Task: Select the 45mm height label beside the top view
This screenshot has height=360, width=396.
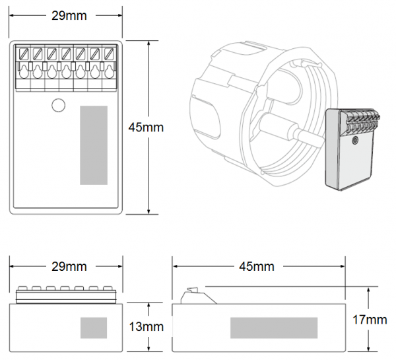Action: coord(146,126)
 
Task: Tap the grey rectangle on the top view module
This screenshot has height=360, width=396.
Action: coord(94,145)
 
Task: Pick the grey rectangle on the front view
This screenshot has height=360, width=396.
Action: coord(94,327)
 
